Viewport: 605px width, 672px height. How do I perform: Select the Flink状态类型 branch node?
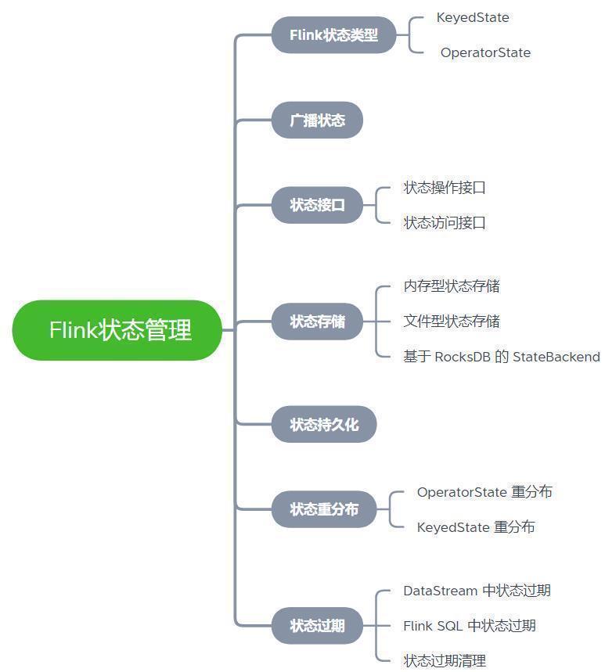point(333,35)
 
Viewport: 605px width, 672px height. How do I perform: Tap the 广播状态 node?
point(317,120)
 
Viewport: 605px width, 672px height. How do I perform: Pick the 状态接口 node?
point(317,205)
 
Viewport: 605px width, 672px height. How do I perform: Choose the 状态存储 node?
point(317,322)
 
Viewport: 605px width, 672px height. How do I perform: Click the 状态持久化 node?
point(324,424)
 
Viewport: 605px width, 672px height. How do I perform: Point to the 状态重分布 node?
point(324,509)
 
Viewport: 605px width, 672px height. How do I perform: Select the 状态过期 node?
point(317,626)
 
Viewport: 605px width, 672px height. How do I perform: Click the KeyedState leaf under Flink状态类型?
point(473,17)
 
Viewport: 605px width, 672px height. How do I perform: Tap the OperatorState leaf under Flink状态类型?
point(485,52)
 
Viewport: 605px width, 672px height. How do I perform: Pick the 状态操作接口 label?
point(445,188)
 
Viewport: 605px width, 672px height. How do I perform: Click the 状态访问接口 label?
point(445,223)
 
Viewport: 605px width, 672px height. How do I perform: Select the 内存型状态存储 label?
point(452,286)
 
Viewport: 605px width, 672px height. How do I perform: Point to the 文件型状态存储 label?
point(452,322)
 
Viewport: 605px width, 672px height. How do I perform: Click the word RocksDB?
point(462,357)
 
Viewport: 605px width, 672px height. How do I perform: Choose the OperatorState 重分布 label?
point(484,492)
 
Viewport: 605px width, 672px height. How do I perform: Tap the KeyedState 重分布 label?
point(476,527)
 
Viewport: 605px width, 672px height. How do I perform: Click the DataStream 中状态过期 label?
point(477,591)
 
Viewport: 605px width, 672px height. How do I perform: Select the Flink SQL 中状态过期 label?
point(470,626)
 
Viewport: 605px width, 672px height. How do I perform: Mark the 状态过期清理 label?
point(445,661)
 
